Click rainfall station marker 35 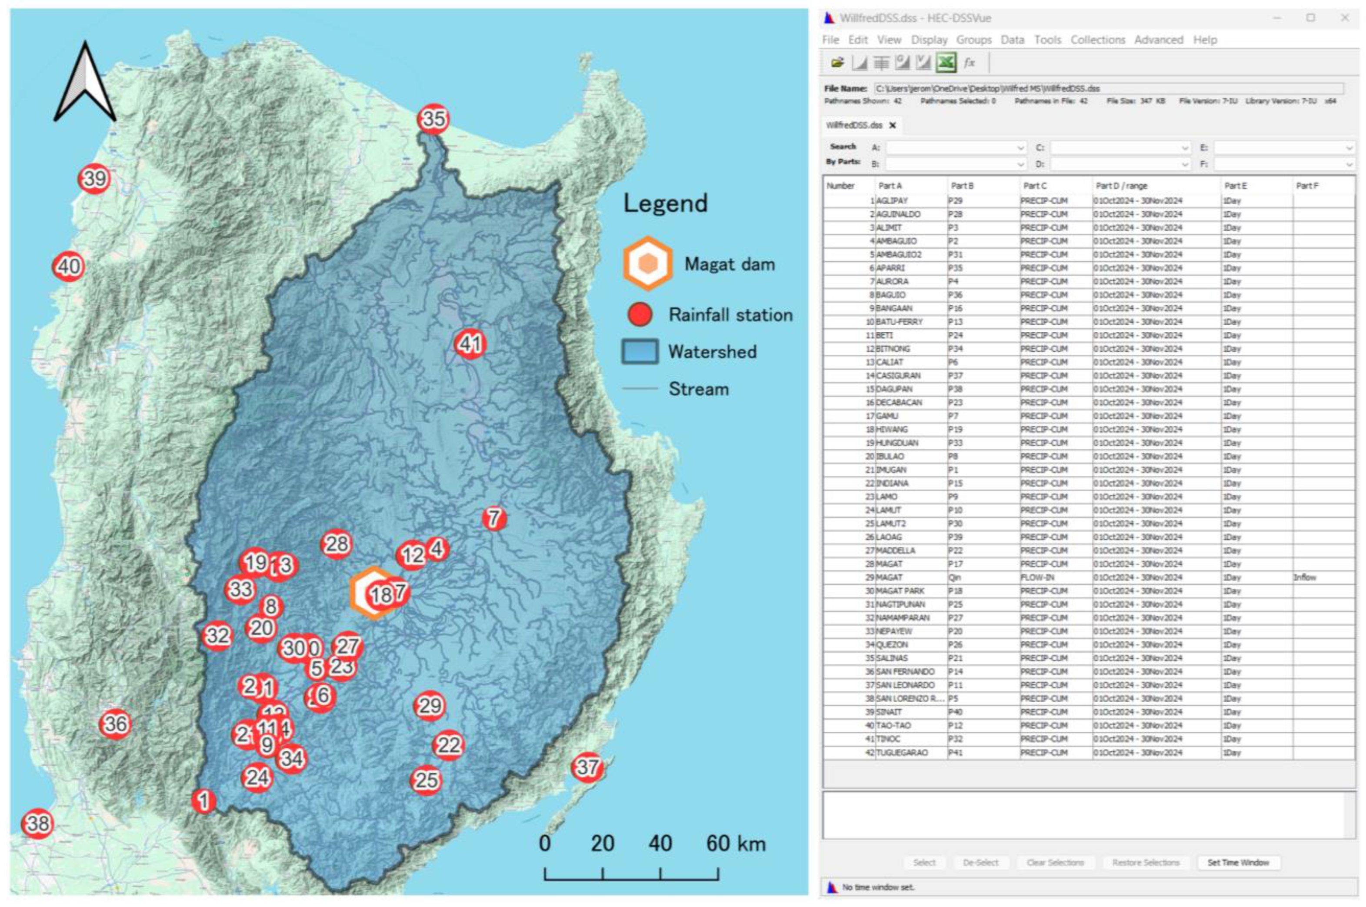tap(433, 119)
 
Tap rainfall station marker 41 tap(470, 344)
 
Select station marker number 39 tap(95, 178)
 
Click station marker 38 tap(37, 823)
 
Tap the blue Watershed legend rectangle tap(640, 351)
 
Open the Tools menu tap(1047, 40)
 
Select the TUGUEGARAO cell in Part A tap(902, 753)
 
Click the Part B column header tap(963, 186)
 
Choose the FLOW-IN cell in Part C tap(1037, 577)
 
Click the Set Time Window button tap(1238, 863)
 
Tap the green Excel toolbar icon tap(946, 63)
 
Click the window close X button tap(1345, 18)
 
